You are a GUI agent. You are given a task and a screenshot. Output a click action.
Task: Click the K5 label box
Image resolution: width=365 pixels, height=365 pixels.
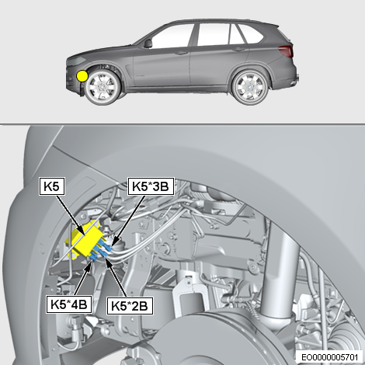[x=52, y=186]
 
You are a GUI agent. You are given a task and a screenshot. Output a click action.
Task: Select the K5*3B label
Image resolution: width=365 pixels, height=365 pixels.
[x=151, y=186]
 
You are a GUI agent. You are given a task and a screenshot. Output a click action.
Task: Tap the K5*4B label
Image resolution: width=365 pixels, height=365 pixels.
[x=69, y=304]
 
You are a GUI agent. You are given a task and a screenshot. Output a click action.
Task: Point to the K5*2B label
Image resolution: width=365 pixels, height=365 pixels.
[x=130, y=306]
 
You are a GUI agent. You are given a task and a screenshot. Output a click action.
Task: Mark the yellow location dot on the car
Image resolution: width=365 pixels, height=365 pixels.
[x=82, y=76]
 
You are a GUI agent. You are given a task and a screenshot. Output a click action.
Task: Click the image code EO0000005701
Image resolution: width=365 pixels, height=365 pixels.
[x=330, y=357]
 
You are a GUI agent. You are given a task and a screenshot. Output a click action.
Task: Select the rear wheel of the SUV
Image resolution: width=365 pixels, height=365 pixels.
[x=250, y=87]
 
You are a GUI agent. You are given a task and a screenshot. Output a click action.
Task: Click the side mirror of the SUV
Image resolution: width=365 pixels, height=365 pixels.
[x=148, y=43]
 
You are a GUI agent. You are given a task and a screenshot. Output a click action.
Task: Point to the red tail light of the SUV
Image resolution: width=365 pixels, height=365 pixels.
[x=286, y=51]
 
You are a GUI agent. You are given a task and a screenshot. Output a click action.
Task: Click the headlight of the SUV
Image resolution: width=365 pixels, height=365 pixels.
[x=76, y=61]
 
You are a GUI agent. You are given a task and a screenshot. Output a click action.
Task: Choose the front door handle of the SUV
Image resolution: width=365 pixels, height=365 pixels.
[x=181, y=53]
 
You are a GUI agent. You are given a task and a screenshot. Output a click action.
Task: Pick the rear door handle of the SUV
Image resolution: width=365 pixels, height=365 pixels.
[x=238, y=50]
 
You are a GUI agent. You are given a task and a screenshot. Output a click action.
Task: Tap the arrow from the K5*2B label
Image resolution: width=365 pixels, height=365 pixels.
[x=116, y=277]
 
